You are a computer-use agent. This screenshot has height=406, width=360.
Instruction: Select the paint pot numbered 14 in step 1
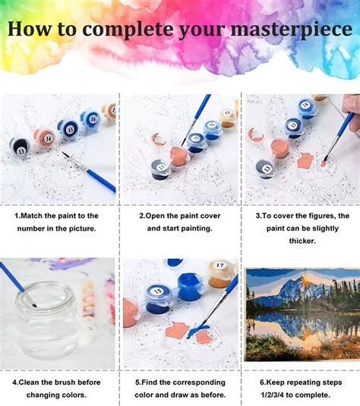click(46, 138)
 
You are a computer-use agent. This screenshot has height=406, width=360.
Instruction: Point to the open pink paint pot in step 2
click(178, 155)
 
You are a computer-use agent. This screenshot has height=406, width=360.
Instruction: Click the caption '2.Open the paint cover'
click(180, 216)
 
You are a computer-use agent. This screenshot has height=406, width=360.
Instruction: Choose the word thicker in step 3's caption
click(300, 241)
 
